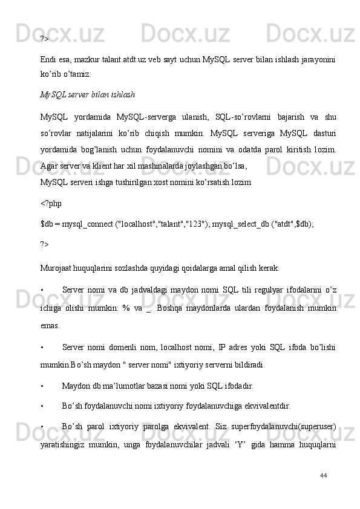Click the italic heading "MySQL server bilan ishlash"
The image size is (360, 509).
pos(87,95)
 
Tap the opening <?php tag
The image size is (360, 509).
pos(51,204)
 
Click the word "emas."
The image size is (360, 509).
pos(50,326)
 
